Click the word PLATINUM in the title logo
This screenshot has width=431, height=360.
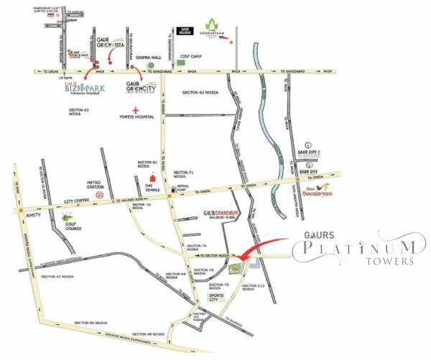coord(355,250)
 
